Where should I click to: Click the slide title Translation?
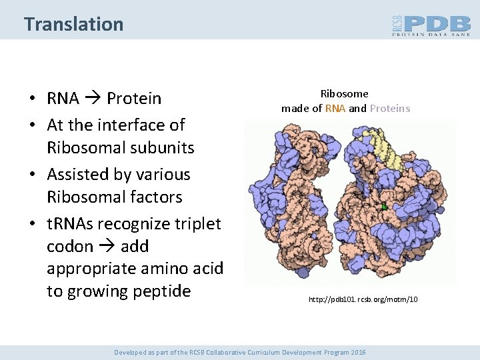tap(73, 24)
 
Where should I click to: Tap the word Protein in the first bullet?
tap(134, 99)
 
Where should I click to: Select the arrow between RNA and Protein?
tap(93, 99)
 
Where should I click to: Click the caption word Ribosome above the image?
tap(344, 94)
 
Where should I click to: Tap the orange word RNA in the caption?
tap(335, 108)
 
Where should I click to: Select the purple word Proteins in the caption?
tap(390, 108)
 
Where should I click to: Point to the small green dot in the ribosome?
tap(384, 207)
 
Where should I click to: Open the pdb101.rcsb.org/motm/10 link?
tap(363, 300)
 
